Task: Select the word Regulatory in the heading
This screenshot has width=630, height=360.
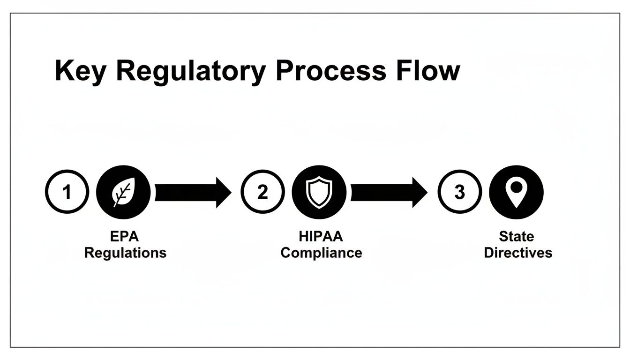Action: click(190, 72)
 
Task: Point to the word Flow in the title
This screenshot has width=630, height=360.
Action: click(434, 72)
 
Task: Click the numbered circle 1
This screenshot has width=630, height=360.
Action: click(67, 192)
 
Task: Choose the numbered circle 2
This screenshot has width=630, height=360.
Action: click(262, 192)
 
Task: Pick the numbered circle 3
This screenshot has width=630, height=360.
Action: click(459, 192)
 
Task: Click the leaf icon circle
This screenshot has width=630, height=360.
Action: click(123, 193)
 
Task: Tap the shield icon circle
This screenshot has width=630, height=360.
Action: click(319, 193)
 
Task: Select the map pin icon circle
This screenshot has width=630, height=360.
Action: click(516, 193)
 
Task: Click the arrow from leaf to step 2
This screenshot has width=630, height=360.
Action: click(192, 193)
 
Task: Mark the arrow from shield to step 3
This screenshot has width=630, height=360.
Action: click(388, 193)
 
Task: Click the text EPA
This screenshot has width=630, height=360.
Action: click(125, 236)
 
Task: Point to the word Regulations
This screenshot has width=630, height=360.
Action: click(125, 253)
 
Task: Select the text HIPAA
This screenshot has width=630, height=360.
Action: click(321, 236)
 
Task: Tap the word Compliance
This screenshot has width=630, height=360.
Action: click(321, 253)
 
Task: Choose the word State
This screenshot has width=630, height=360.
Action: click(517, 236)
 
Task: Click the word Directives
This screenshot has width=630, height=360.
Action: click(518, 253)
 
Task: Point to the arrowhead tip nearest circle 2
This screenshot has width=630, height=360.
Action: click(231, 193)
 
